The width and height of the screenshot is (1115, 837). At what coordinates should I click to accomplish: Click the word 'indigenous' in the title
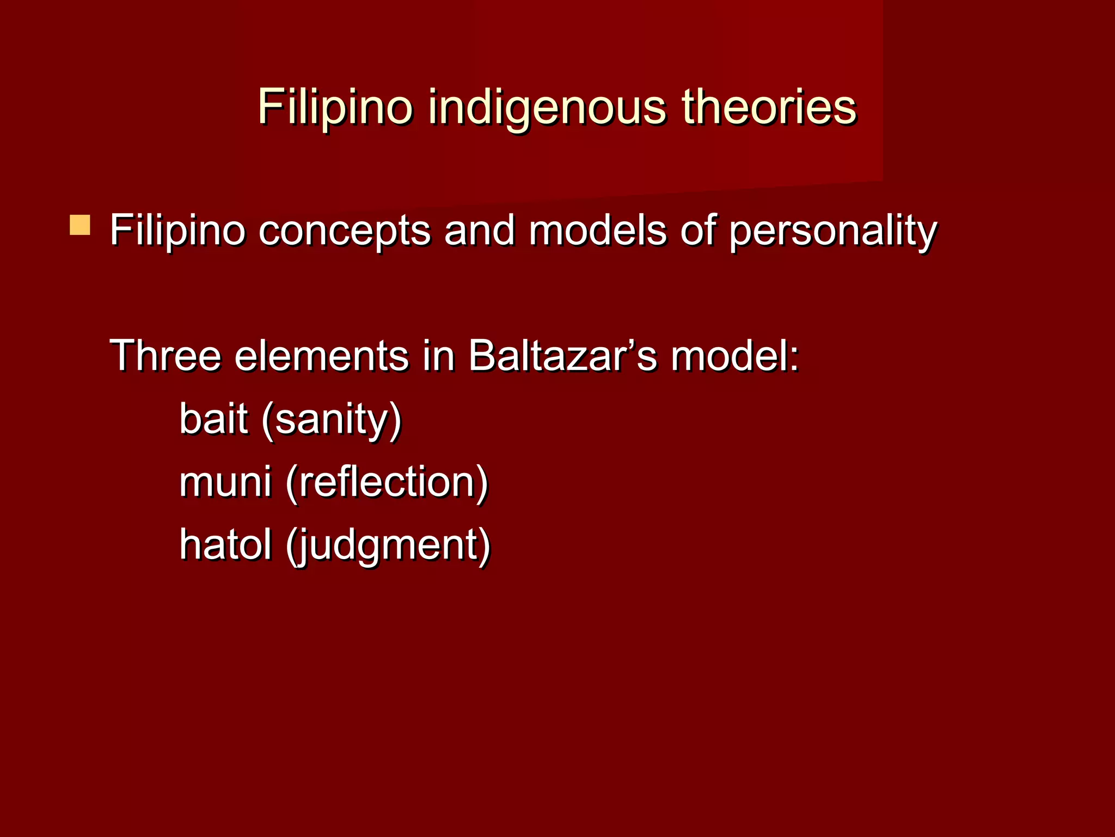coord(547,107)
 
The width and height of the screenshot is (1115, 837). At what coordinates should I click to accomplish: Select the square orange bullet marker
coord(80,225)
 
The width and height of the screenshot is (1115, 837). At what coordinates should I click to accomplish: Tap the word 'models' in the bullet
coord(597,230)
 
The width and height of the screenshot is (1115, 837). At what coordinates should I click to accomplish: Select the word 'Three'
coord(166,355)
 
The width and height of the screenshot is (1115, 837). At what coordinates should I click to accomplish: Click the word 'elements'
coord(321,355)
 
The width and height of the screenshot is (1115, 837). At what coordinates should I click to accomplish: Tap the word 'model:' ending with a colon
coord(735,355)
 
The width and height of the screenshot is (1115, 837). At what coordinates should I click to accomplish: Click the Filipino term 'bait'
coord(213,418)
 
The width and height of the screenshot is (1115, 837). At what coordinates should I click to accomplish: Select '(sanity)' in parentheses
coord(331,420)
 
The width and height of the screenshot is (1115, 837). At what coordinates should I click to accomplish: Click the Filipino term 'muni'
coord(225,482)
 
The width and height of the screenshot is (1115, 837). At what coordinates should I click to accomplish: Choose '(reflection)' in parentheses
coord(387,482)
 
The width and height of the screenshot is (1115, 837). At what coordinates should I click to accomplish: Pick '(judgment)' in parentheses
coord(388,545)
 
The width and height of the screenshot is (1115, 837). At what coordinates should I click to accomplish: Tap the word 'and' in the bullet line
coord(479,230)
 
